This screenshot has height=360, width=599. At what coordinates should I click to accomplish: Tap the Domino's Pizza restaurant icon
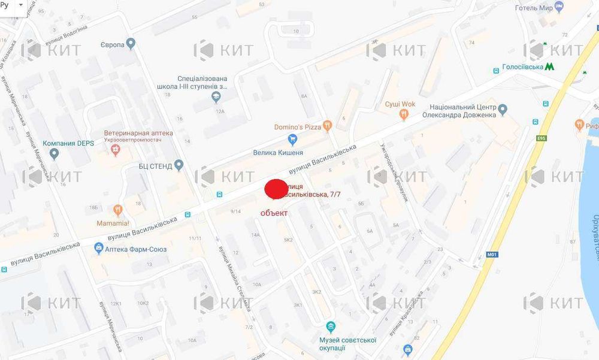pyautogui.click(x=327, y=126)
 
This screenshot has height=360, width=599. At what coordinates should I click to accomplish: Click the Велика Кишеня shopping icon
pyautogui.click(x=293, y=140)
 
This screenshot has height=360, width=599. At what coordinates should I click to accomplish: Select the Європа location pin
pyautogui.click(x=131, y=44)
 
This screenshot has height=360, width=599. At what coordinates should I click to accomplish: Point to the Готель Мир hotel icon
pyautogui.click(x=559, y=8)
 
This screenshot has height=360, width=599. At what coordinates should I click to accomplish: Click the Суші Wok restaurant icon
pyautogui.click(x=405, y=113)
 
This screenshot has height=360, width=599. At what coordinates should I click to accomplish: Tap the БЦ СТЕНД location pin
pyautogui.click(x=179, y=165)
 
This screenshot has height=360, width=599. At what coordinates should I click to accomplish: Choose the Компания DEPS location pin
pyautogui.click(x=55, y=155)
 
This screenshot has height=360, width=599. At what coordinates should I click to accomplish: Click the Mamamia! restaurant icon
pyautogui.click(x=117, y=210)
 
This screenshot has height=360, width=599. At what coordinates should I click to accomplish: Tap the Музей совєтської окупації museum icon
pyautogui.click(x=330, y=326)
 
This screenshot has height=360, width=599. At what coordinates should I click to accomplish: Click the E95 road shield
pyautogui.click(x=541, y=138)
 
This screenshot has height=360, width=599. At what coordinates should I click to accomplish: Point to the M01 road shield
pyautogui.click(x=492, y=254)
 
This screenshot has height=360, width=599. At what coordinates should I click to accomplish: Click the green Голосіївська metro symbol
pyautogui.click(x=549, y=66)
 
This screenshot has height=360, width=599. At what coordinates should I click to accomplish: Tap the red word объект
pyautogui.click(x=274, y=213)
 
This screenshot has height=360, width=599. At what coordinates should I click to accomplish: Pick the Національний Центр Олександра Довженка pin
pyautogui.click(x=503, y=109)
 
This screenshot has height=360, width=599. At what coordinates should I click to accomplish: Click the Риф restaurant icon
pyautogui.click(x=579, y=125)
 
